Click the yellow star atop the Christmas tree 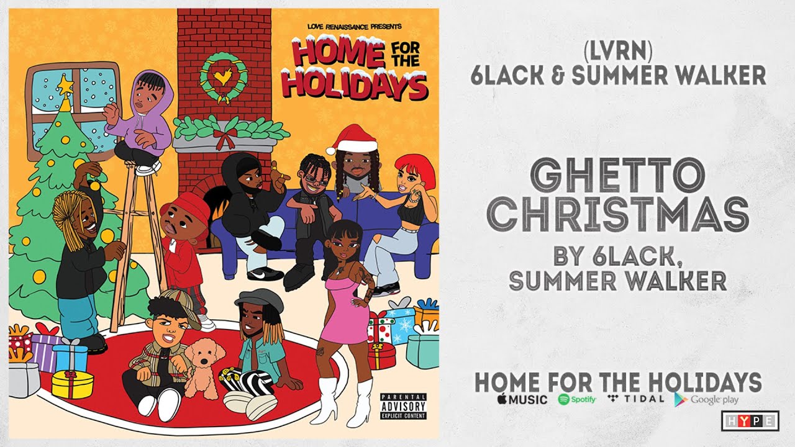[x=65, y=85]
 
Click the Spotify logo [x=577, y=399]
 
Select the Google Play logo [x=707, y=399]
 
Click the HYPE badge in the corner [x=750, y=420]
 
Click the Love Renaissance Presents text [x=355, y=26]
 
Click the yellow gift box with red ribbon [x=72, y=382]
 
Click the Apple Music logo [x=522, y=399]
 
